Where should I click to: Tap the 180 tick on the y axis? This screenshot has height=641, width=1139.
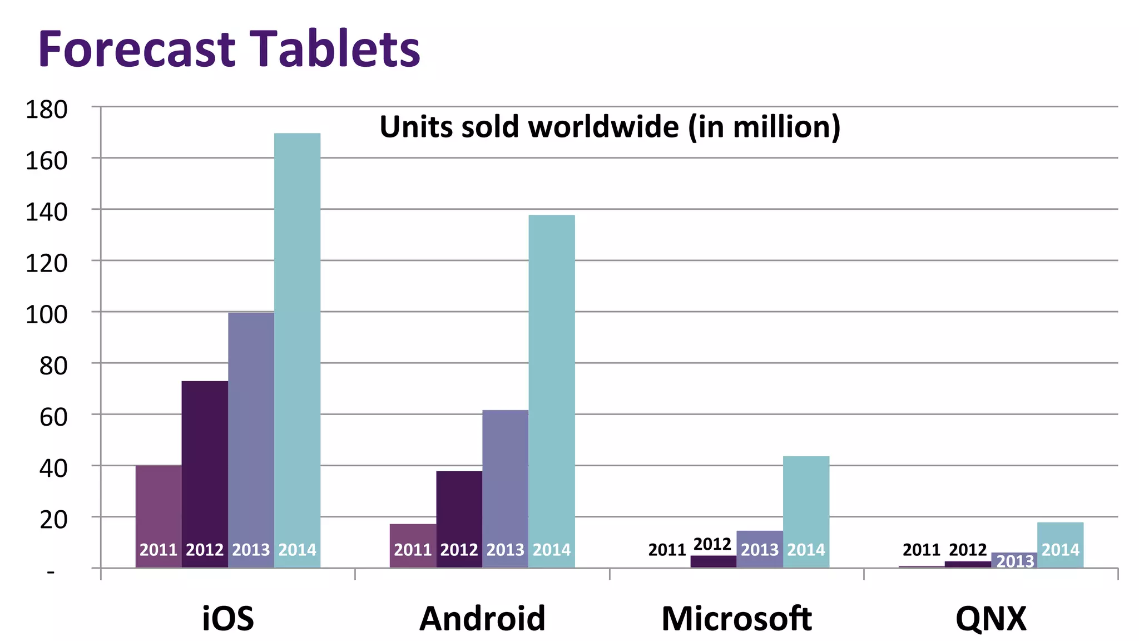click(47, 110)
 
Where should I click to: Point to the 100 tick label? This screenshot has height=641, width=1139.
click(47, 315)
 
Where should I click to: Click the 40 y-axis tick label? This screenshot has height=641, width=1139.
click(53, 469)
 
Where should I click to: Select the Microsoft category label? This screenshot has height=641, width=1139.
click(736, 618)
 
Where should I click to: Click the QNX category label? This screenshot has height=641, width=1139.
click(991, 618)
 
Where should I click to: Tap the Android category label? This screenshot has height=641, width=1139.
click(482, 618)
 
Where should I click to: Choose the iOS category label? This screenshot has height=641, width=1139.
click(228, 618)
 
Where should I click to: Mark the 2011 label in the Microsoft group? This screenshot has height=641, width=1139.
click(667, 550)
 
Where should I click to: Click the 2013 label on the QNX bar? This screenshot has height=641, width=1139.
click(1014, 561)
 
